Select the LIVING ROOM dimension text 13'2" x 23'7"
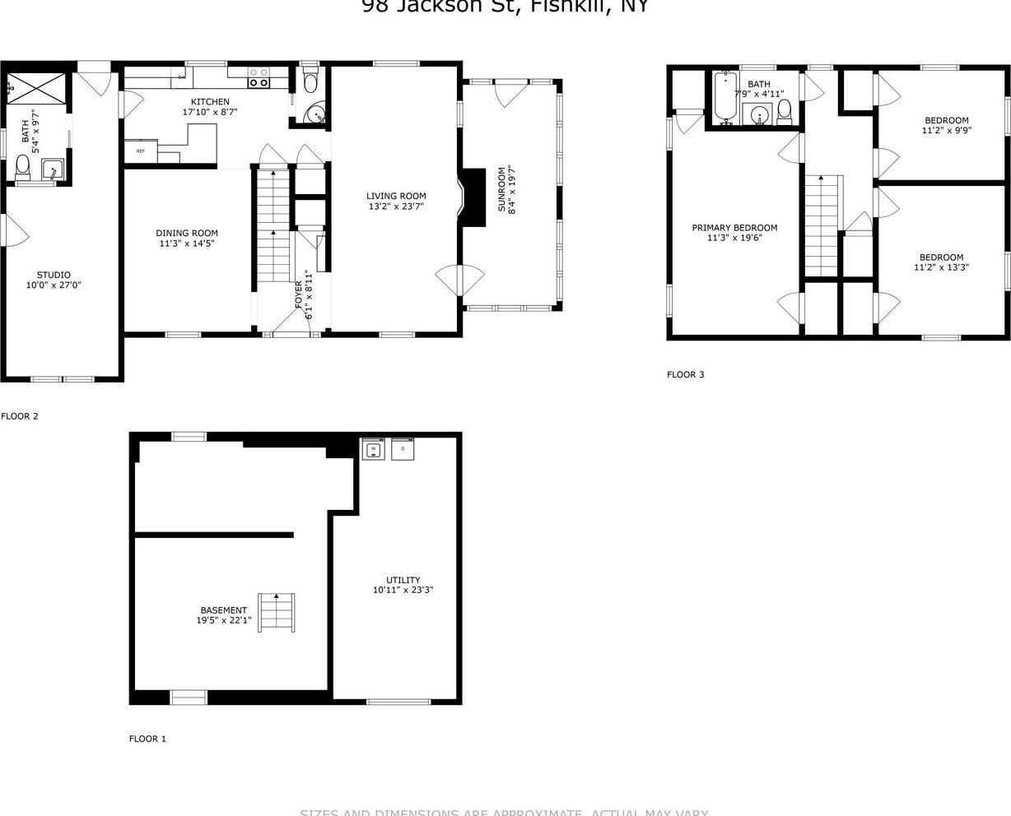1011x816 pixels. tap(396, 207)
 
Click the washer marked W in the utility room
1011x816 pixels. tap(373, 449)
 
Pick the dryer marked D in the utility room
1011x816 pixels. tap(403, 449)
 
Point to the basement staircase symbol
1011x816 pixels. tap(277, 612)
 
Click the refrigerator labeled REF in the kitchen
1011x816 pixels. tap(141, 151)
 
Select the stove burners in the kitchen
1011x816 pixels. tap(259, 77)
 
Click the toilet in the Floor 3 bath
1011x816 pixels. tap(785, 109)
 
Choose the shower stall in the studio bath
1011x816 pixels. tap(37, 86)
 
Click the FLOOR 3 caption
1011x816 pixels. tap(685, 375)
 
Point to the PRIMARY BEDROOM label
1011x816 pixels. tap(734, 228)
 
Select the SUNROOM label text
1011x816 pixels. tap(501, 189)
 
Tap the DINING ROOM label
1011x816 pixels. tap(189, 233)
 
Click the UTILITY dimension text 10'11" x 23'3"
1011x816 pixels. tap(403, 590)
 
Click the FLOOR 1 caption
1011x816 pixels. tap(147, 739)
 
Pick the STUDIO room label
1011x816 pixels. tap(54, 275)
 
